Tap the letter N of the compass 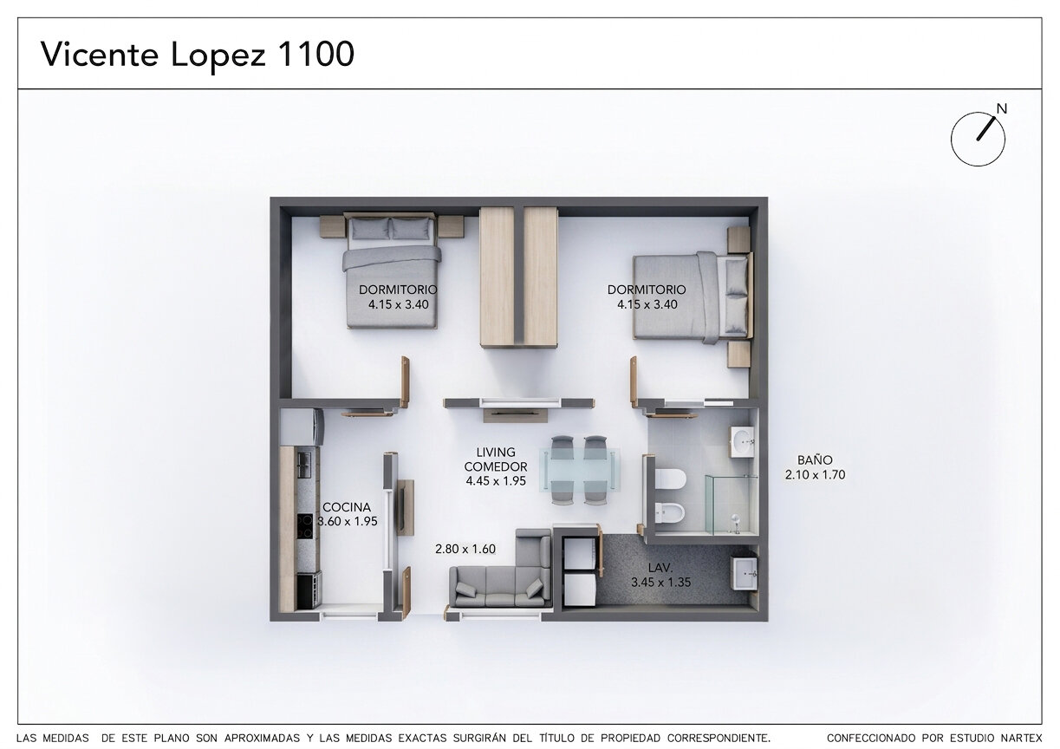1001,109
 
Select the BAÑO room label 815,459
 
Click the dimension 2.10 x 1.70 815,474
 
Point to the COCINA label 347,507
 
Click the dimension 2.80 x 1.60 465,549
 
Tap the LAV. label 660,568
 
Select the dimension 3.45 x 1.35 660,582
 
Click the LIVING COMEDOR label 496,459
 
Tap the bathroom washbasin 743,442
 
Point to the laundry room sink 744,573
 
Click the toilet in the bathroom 670,479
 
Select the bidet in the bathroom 670,512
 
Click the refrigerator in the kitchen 302,427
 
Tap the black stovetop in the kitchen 305,527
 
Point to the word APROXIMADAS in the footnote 262,738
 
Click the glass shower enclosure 732,505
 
